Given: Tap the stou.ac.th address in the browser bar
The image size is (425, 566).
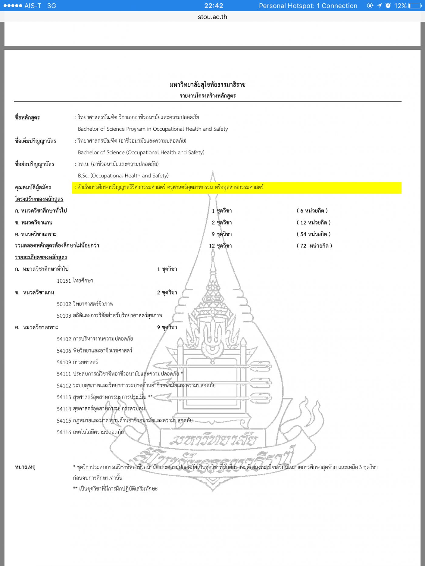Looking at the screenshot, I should click(x=212, y=17).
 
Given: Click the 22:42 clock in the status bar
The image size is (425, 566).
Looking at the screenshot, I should click(x=214, y=6).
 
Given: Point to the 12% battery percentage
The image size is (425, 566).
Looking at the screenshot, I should click(x=400, y=6).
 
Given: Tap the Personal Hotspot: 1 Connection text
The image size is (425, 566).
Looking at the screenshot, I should click(x=308, y=6).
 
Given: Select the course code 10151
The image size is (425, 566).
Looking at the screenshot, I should click(x=64, y=281).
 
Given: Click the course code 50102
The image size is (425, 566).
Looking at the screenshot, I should click(x=64, y=304).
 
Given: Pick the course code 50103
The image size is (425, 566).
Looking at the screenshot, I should click(x=64, y=316).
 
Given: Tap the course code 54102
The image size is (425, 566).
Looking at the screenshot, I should click(x=64, y=339).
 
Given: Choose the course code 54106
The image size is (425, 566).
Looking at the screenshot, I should click(x=64, y=351).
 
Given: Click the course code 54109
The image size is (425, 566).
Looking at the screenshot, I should click(x=64, y=362).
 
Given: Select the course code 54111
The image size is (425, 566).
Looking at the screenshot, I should click(x=64, y=374).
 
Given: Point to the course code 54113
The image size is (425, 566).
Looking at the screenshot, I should click(x=64, y=397).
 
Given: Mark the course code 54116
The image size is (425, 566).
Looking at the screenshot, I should click(x=64, y=433).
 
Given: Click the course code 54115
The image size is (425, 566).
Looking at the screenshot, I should click(x=64, y=421).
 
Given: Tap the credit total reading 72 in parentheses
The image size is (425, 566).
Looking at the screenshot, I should click(x=303, y=246).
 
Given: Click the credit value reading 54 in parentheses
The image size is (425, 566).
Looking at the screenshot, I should click(x=303, y=234).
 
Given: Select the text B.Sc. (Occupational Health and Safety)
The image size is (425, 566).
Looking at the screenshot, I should click(x=123, y=176).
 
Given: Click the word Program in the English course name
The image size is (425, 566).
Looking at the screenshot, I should click(x=136, y=129).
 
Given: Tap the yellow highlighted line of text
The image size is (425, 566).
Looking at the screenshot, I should click(x=237, y=187).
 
